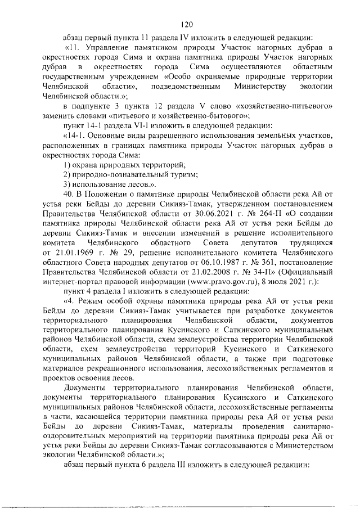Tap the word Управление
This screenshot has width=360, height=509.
pyautogui.click(x=107, y=49)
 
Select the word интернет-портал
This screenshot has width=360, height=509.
pyautogui.click(x=73, y=294)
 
